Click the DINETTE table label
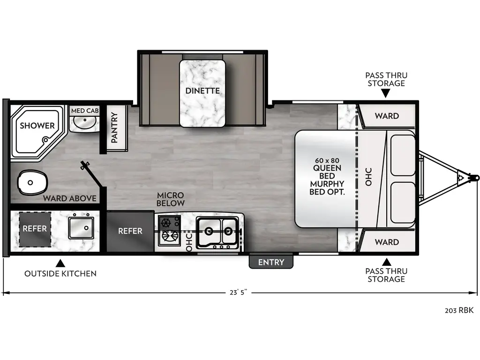202,90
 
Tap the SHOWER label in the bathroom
37,126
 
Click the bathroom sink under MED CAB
84,123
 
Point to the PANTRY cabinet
114,128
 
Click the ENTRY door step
271,262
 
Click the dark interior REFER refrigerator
130,231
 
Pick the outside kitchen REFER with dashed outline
35,229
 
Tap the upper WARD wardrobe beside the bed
387,116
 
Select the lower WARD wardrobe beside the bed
387,242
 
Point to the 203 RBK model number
459,310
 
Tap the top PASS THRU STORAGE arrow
386,94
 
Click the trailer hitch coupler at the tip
473,178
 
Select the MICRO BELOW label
171,199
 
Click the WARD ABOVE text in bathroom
70,198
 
